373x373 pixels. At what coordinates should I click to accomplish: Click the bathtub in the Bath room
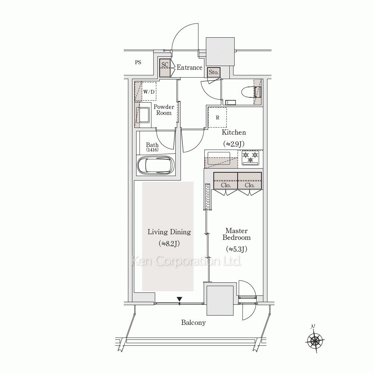pos(156,165)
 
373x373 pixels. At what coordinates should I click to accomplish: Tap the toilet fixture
pos(251,92)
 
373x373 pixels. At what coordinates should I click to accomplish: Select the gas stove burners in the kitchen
pos(250,158)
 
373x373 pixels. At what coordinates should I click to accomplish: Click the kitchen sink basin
pos(219,158)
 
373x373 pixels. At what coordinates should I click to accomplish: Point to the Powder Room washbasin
pos(143,115)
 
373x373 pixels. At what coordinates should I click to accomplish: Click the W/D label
pos(149,92)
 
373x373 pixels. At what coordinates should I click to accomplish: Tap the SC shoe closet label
pos(165,65)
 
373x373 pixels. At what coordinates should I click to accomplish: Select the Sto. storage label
pos(213,72)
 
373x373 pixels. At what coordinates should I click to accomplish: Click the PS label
pos(138,62)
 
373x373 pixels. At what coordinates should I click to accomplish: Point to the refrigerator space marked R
pos(217,117)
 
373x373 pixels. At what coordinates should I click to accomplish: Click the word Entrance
pos(189,68)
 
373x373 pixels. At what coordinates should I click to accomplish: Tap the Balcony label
pos(193,323)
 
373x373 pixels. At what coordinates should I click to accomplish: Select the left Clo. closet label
pos(226,185)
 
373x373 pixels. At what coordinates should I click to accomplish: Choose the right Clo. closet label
pos(250,185)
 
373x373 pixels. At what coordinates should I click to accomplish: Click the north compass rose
pos(315,341)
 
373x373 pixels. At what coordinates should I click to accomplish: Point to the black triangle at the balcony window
pos(179,299)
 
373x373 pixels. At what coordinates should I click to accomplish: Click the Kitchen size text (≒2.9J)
pos(233,144)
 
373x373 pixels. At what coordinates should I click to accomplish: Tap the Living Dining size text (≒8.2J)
pos(169,244)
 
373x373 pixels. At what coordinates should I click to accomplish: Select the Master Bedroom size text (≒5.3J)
pos(236,249)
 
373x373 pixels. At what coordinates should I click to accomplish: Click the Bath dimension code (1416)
pos(152,150)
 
